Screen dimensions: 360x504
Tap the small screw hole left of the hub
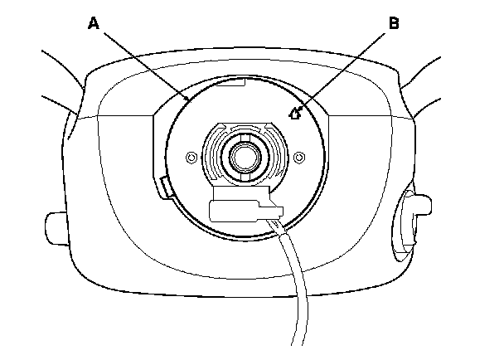[x=192, y=156]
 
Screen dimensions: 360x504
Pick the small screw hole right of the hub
[x=299, y=155]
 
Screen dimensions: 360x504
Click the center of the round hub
[x=245, y=154]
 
